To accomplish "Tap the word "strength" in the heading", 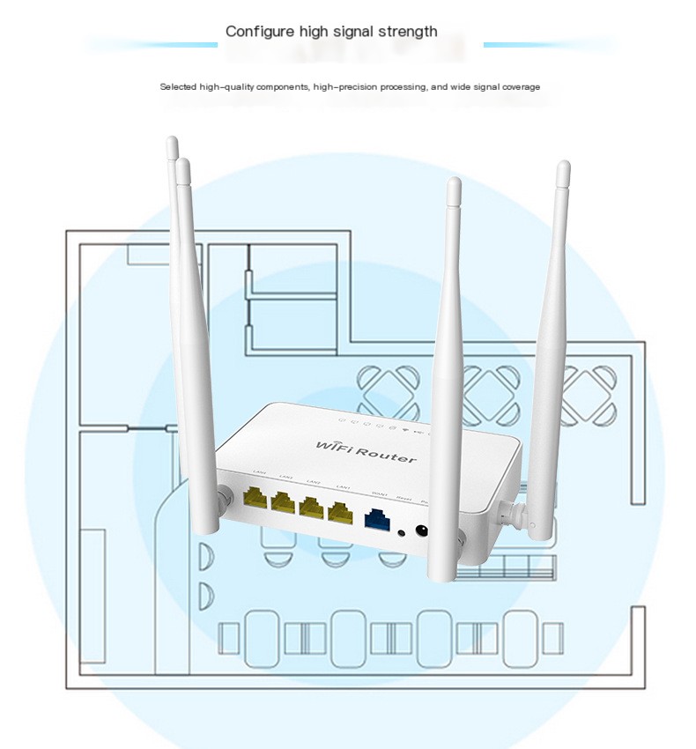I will point(407,32).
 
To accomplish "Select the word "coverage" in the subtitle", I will point(521,87).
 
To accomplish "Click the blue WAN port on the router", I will point(377,519).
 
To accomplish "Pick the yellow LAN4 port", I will point(255,500).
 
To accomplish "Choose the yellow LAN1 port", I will point(339,512).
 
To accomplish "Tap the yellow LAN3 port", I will point(283,503).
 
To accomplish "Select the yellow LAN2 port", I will point(310,508).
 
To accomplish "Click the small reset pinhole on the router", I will point(403,531).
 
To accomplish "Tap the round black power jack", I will point(422,531).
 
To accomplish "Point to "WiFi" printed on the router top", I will point(334,443).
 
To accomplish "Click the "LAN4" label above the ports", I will point(259,475).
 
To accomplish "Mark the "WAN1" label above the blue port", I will point(380,494).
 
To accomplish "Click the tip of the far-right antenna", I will point(563,166).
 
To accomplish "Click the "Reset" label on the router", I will point(404,499).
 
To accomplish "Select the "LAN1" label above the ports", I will point(344,487).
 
